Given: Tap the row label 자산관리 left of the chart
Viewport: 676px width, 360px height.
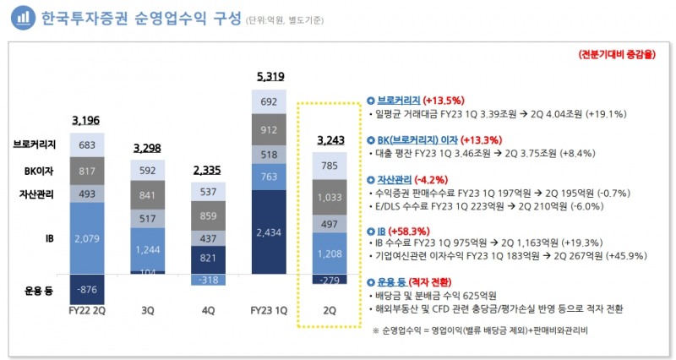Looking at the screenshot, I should click(x=37, y=194).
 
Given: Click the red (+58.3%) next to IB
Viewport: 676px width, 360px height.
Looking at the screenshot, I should click(x=407, y=230).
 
